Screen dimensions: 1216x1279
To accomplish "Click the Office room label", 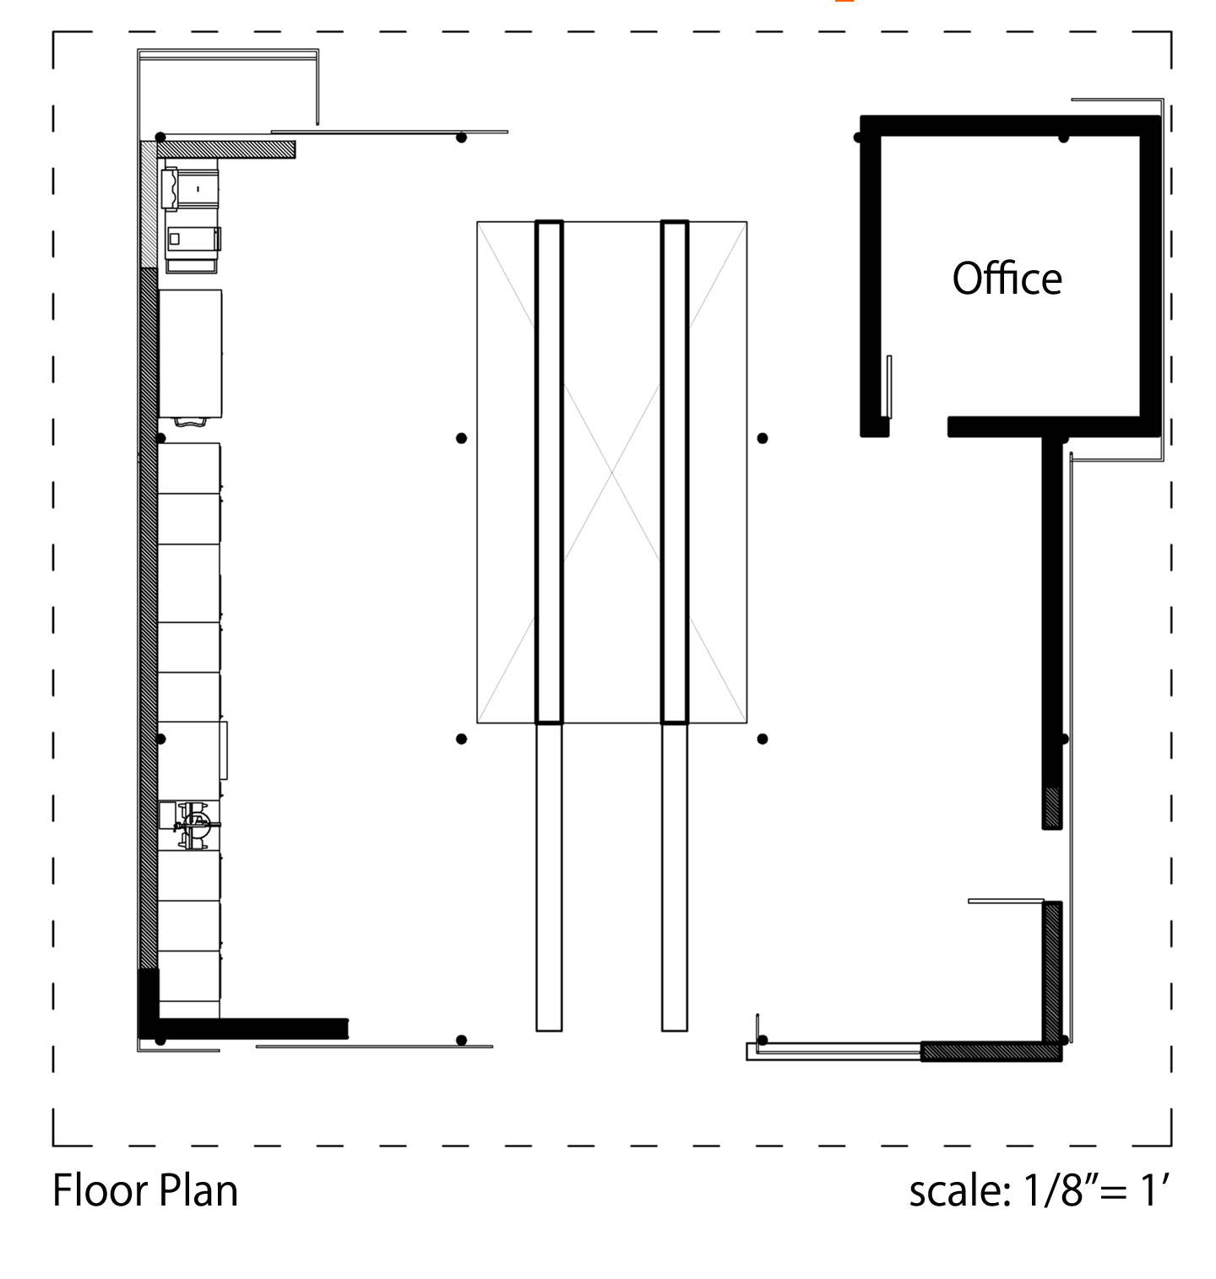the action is tap(1007, 278).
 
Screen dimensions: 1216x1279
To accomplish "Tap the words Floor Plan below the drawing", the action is tap(145, 1190).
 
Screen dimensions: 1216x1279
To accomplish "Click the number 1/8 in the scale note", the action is tap(1054, 1190).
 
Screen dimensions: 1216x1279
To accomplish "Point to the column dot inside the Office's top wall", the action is tap(1063, 138).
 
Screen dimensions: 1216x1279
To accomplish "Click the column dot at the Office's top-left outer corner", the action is tap(859, 138).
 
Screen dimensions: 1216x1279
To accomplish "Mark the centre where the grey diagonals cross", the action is tap(611, 472).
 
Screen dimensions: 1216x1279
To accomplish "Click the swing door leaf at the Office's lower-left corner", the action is tap(889, 387).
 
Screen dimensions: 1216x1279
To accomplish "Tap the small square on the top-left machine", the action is tap(174, 239).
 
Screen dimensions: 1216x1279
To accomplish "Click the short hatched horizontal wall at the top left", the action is tap(226, 149).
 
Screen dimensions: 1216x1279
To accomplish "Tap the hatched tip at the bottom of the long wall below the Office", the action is tap(1051, 808).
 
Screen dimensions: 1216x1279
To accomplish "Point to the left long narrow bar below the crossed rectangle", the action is tap(549, 877).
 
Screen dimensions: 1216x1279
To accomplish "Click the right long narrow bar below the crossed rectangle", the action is tap(674, 877).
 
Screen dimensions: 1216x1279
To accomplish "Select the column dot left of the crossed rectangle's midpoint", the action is tap(461, 438).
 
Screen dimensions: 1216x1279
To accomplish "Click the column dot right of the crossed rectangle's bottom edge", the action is tap(763, 739).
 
